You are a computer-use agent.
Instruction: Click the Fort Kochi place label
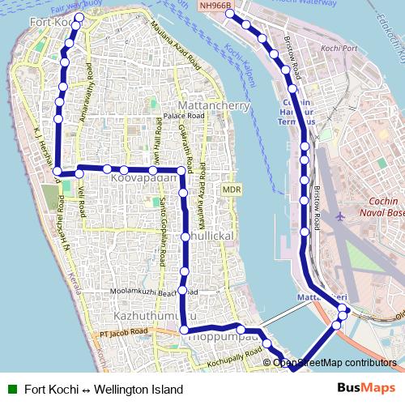point(49,22)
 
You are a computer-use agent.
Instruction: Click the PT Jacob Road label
point(124,332)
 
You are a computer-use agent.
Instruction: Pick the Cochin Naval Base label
point(373,207)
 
